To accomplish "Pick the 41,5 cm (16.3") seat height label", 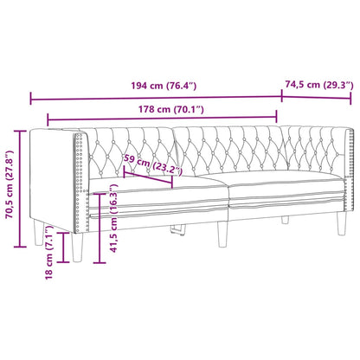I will coord(115,224).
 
